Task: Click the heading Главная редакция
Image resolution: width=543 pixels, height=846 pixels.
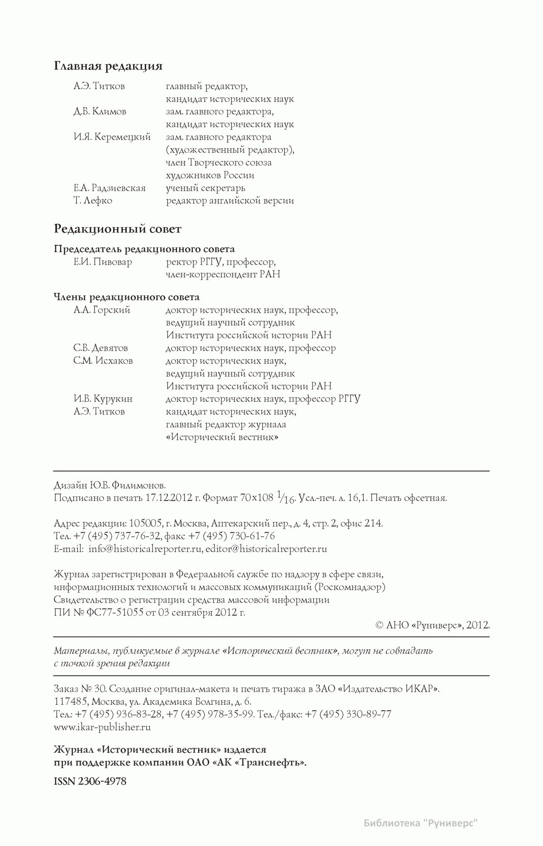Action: click(x=108, y=67)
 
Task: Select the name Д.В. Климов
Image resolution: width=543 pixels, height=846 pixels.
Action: click(x=100, y=112)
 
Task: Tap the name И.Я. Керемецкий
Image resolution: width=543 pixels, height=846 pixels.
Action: click(x=112, y=137)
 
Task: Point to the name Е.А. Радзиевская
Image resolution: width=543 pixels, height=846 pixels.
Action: click(x=110, y=188)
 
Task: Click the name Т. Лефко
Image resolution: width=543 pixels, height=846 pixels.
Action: click(x=93, y=201)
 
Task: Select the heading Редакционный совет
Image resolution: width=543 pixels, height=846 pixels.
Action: click(x=118, y=229)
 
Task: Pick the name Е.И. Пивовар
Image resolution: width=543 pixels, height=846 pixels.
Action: click(x=103, y=262)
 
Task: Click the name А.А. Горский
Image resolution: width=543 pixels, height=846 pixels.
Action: click(x=102, y=310)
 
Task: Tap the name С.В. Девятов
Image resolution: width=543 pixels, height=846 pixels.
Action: click(x=100, y=348)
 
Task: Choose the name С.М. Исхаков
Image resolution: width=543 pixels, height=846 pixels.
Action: click(x=103, y=361)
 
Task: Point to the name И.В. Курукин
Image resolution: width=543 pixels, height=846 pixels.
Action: click(x=103, y=399)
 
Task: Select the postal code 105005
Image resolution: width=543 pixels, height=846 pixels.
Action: click(x=146, y=524)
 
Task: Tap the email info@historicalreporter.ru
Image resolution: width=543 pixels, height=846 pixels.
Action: click(x=145, y=549)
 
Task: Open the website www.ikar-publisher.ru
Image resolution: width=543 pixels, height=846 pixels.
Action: click(x=102, y=727)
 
